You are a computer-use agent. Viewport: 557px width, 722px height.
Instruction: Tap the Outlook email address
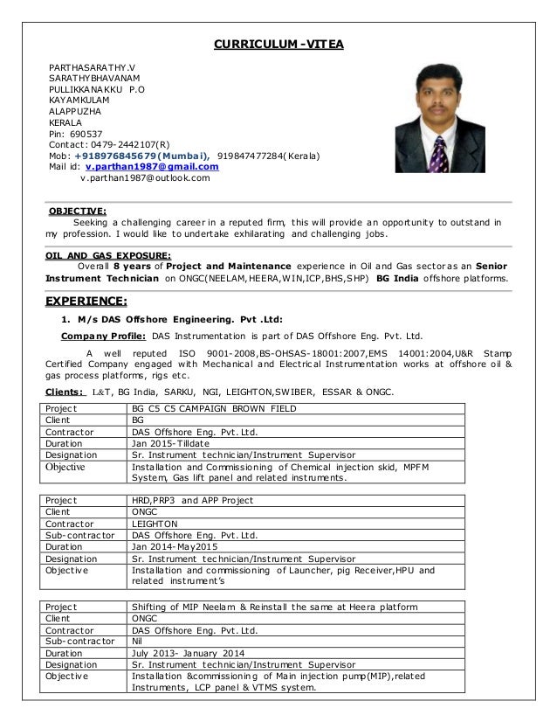[x=145, y=178]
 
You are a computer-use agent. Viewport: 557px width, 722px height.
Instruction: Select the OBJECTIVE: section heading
[x=77, y=211]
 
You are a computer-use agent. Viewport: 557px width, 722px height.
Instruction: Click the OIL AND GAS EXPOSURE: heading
[x=107, y=256]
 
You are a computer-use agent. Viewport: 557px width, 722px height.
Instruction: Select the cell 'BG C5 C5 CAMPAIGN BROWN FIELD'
[x=213, y=408]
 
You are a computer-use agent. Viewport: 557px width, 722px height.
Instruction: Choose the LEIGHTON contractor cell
[x=157, y=524]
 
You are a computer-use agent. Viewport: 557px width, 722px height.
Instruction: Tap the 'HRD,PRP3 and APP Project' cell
[x=192, y=500]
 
